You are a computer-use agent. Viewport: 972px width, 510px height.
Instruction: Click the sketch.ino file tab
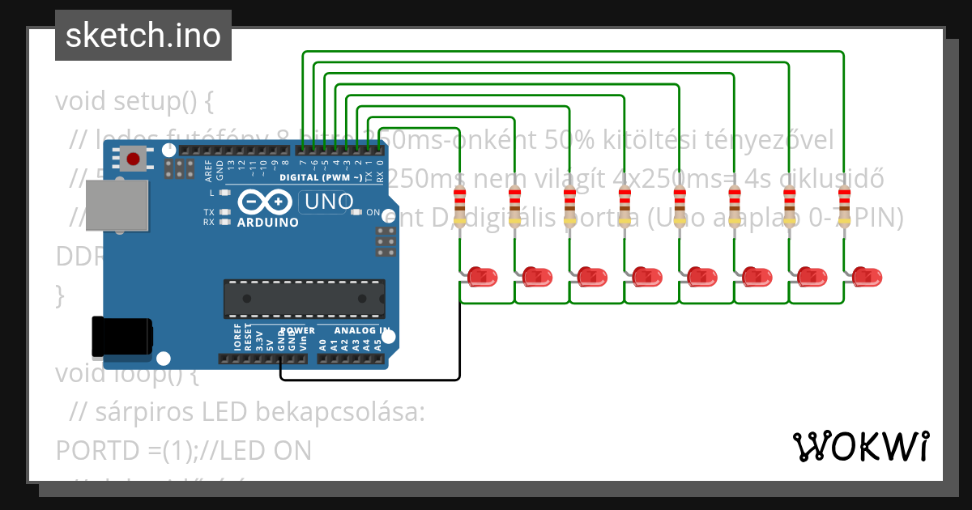[143, 36]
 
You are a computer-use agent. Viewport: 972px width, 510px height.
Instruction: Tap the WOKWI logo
[860, 446]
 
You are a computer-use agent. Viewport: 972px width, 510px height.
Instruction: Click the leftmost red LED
[483, 277]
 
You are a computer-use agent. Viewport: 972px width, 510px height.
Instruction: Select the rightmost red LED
[867, 277]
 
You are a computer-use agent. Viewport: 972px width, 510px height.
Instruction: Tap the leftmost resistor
[460, 206]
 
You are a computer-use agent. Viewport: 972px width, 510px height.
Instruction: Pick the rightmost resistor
[844, 206]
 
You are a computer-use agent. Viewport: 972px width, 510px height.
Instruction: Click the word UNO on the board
[327, 202]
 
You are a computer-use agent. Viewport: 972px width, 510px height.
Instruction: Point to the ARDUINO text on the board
[267, 221]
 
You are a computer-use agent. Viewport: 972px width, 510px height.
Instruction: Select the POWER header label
[296, 331]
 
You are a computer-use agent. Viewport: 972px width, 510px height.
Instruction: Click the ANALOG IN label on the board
[361, 331]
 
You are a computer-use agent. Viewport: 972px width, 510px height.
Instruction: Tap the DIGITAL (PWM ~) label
[320, 177]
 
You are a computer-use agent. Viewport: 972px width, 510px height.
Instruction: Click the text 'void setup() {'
[134, 102]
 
